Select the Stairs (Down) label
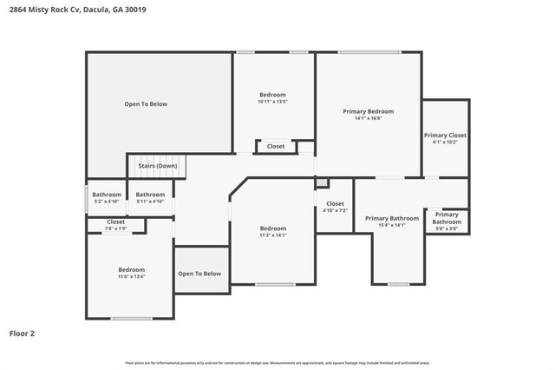(x=158, y=165)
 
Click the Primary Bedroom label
(x=368, y=111)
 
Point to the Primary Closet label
(x=445, y=135)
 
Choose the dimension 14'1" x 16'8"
(x=368, y=119)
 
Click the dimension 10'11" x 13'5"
(x=272, y=102)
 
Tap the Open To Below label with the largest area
(x=146, y=104)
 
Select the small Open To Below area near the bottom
(x=199, y=274)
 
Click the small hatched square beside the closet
(x=321, y=183)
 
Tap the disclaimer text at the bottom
(x=277, y=362)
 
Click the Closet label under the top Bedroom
(x=276, y=146)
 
